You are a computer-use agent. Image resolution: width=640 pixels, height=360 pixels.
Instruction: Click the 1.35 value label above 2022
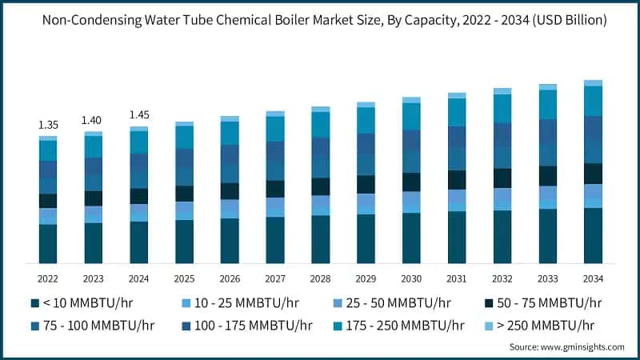(x=48, y=125)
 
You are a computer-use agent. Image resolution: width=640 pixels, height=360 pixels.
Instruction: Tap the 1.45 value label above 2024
(x=139, y=115)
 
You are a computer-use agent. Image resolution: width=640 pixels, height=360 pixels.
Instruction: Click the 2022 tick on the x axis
(x=48, y=278)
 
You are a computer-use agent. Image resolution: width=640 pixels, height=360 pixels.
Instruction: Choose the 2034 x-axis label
(x=593, y=278)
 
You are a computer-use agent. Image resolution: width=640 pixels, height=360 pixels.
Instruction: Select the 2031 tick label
(x=457, y=278)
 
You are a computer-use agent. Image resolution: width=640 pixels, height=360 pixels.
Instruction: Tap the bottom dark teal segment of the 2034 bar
(x=593, y=236)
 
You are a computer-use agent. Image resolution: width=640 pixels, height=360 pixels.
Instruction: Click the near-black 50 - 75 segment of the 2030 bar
(x=411, y=182)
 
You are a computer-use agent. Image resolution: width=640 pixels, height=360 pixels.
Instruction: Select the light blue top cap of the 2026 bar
(x=230, y=118)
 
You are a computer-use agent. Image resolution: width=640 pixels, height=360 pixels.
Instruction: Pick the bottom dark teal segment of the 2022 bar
(x=48, y=244)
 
